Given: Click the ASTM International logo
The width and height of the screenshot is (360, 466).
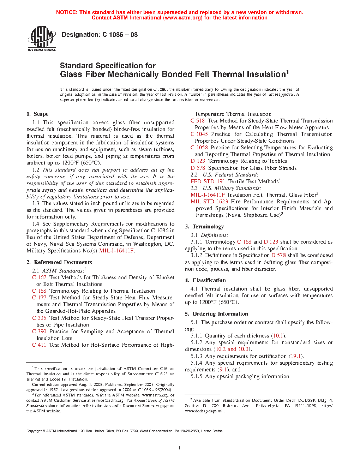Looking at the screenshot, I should point(42,39).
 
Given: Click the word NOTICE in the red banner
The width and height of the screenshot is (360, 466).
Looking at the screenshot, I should point(67,12).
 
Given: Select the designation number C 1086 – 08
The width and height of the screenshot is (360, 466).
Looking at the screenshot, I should point(120,35).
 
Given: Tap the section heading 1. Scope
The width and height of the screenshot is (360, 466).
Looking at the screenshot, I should point(37,114).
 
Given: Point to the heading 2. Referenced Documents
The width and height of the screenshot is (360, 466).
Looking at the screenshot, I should point(59,262).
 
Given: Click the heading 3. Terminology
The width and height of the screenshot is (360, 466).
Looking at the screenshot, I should point(204,227).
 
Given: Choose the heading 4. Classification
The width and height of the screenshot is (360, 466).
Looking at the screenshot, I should point(205,280).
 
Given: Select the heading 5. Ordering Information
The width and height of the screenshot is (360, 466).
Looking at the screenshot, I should point(216,314).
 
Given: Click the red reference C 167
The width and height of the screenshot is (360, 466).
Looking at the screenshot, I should point(39,277).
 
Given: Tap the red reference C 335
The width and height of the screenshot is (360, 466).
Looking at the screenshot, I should point(39,318).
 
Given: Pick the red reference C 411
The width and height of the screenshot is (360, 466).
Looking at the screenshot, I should point(39,345).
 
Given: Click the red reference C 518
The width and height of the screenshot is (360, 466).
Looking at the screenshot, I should point(198,121).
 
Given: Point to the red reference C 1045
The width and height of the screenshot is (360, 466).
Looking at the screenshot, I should point(199,134).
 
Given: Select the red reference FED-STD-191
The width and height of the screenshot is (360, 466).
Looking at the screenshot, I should point(208,181).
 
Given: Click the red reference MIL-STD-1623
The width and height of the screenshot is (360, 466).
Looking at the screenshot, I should point(209,202).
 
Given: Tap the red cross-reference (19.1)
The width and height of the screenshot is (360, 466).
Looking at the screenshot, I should point(296,356).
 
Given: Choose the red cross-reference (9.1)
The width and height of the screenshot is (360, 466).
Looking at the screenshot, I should point(223,370).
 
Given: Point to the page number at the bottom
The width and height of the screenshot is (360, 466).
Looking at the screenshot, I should point(180,448).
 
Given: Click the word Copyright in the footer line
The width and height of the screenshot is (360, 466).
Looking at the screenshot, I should point(34,431).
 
